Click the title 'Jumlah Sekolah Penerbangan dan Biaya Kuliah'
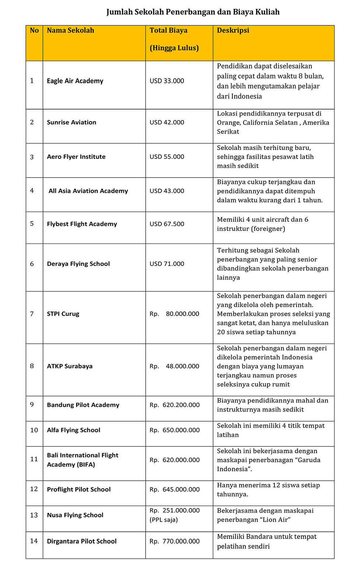tap(193, 12)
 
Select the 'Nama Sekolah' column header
tap(70, 31)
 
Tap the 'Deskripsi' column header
tap(233, 31)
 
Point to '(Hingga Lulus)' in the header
tap(174, 48)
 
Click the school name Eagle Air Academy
tap(75, 81)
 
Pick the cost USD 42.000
tap(167, 122)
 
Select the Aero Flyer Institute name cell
tap(76, 157)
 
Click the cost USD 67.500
tap(167, 224)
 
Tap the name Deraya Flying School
tap(78, 264)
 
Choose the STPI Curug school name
tap(63, 314)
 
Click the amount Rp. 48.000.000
tap(174, 366)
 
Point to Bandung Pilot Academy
tap(83, 405)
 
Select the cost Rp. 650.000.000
tap(174, 430)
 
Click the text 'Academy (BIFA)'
tap(71, 465)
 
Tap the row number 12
tap(34, 489)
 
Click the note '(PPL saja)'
tap(164, 520)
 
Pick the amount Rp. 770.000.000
tap(174, 542)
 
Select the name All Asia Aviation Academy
tap(88, 191)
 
